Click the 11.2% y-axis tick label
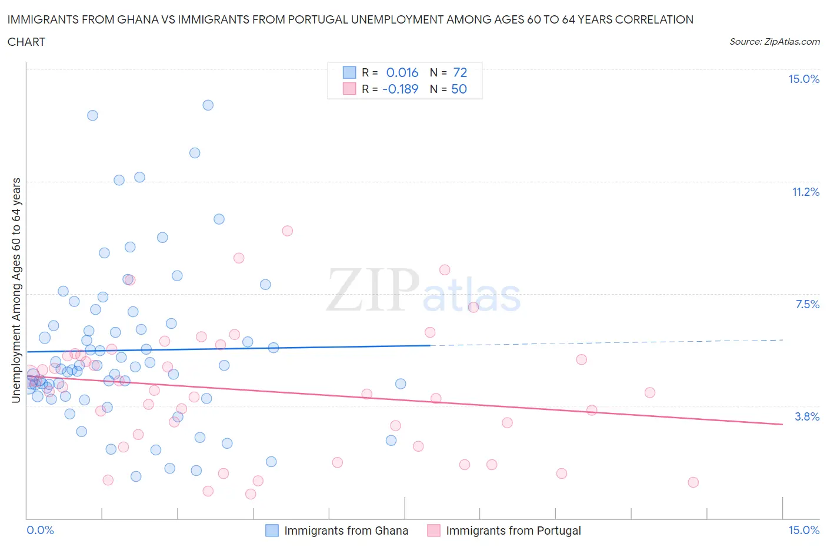[x=805, y=192]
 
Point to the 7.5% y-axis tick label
[x=807, y=304]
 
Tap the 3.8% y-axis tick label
[x=807, y=416]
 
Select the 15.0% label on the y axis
[x=803, y=79]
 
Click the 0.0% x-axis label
[x=41, y=530]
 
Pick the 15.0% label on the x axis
[x=803, y=530]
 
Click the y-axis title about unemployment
[x=16, y=291]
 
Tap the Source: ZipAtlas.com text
[x=774, y=41]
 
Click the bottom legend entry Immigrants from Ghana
[x=346, y=531]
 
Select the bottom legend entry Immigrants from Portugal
[x=513, y=531]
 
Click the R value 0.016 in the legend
[x=402, y=72]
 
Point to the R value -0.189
[x=400, y=89]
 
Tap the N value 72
[x=460, y=72]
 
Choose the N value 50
[x=459, y=89]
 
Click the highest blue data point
[x=208, y=105]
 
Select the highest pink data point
[x=287, y=231]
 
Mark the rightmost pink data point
[x=693, y=482]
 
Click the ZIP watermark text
[x=372, y=290]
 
